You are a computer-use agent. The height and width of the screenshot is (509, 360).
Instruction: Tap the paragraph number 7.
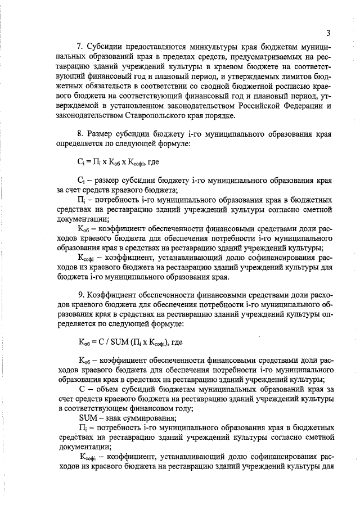coord(79,45)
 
